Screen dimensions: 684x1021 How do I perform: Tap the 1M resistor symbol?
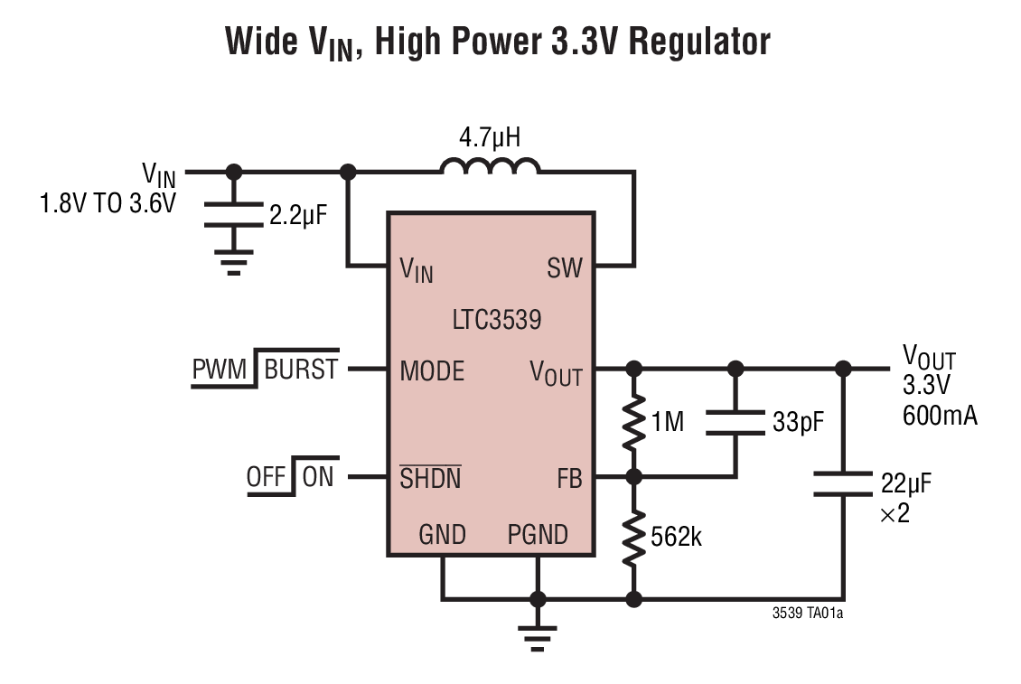[634, 420]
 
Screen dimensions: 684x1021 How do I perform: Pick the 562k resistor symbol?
[634, 537]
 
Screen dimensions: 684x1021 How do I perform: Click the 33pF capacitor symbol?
[735, 422]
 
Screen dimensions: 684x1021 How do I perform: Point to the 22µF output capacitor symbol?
[844, 483]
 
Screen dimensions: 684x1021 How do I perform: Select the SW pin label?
[564, 268]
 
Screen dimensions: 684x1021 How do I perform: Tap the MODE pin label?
[432, 370]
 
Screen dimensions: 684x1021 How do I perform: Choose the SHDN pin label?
[430, 478]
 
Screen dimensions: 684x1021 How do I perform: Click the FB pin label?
[568, 478]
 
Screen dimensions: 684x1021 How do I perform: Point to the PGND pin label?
[538, 535]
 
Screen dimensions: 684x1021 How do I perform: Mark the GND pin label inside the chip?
[442, 535]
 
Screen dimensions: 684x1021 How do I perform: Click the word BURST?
[301, 369]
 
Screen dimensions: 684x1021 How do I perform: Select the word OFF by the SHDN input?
[266, 476]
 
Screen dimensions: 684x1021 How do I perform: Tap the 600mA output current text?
[939, 417]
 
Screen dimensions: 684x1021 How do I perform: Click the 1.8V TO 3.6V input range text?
[107, 203]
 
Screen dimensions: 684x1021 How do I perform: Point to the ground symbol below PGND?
[538, 638]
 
